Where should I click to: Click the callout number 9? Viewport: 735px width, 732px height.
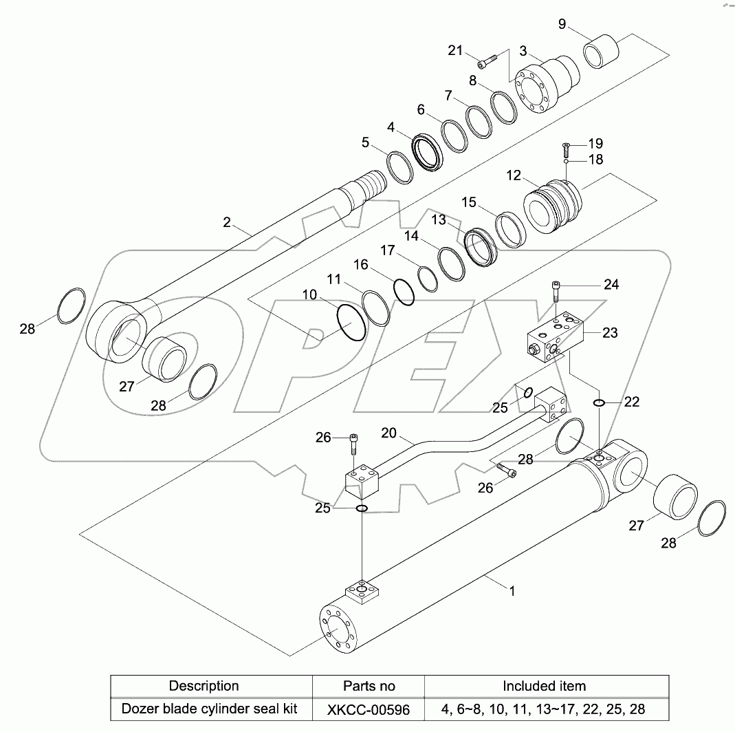click(x=562, y=25)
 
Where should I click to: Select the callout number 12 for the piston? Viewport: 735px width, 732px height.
click(x=514, y=175)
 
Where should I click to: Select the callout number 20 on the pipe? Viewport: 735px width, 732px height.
click(x=389, y=433)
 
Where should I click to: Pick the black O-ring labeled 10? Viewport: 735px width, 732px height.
click(x=352, y=324)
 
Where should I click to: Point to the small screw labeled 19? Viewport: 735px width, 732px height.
click(x=567, y=147)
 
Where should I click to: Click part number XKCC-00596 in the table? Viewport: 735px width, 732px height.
click(x=369, y=708)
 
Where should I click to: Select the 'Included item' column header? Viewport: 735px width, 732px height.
click(x=544, y=686)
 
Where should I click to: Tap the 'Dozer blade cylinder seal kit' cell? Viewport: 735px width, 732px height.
click(x=210, y=708)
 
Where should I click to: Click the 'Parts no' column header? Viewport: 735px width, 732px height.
click(x=369, y=686)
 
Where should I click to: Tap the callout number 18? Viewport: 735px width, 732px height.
click(x=595, y=160)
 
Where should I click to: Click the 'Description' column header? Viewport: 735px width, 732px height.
click(x=204, y=686)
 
